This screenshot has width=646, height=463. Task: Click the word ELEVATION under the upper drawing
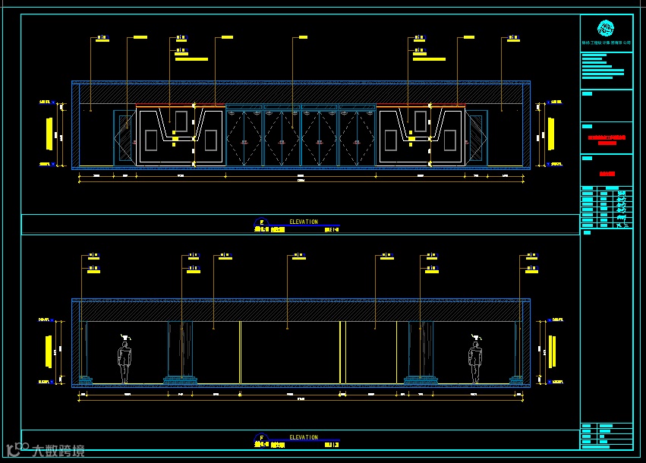[x=304, y=222]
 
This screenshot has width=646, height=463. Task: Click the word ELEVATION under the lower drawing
[x=304, y=437]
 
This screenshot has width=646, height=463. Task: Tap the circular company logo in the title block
[x=606, y=29]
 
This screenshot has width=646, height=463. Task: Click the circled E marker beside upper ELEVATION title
[x=261, y=222]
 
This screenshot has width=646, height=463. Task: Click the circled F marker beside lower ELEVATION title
[x=261, y=438]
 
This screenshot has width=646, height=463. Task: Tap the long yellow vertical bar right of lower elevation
[x=552, y=351]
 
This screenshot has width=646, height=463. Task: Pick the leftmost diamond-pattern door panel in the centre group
[x=244, y=135]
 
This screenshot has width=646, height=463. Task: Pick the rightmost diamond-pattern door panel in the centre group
[x=357, y=135]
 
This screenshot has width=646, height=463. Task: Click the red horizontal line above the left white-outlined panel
[x=181, y=106]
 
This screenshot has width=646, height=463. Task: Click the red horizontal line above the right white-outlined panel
[x=421, y=106]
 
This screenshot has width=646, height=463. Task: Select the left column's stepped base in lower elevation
[x=181, y=380]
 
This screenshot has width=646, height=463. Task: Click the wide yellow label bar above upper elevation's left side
[x=191, y=58]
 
